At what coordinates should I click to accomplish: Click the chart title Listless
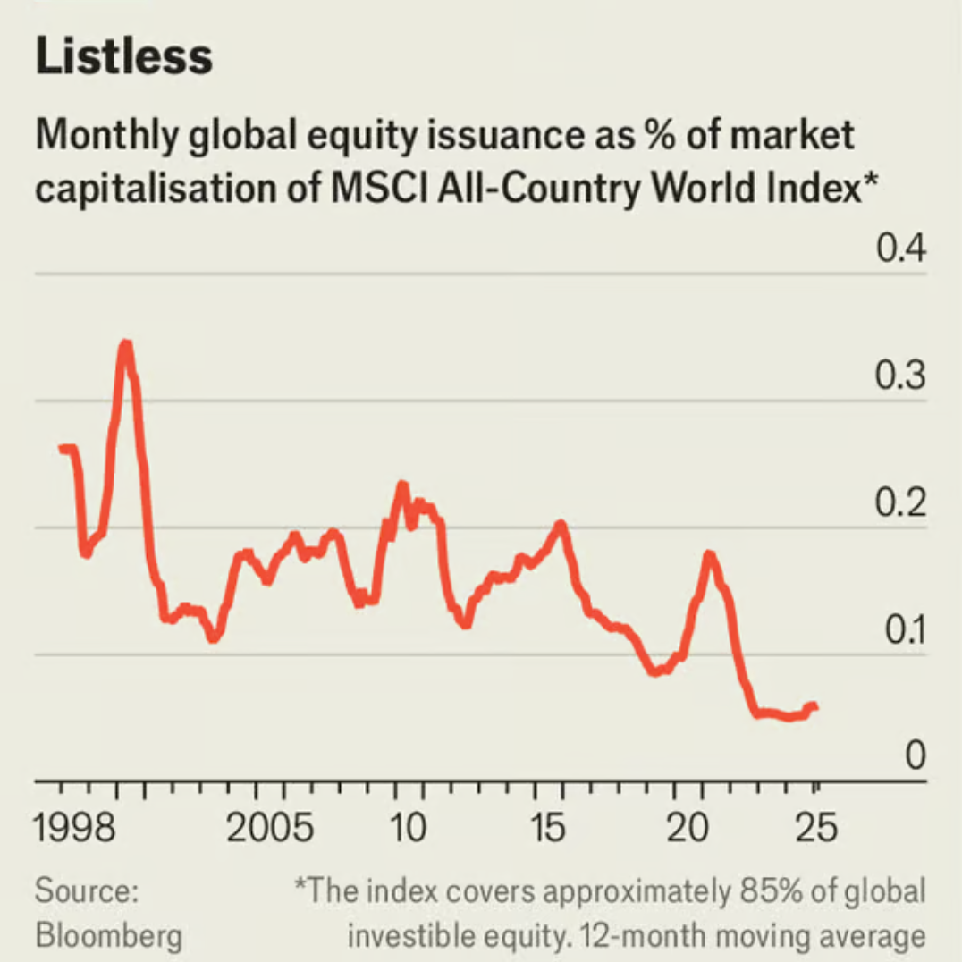(x=124, y=57)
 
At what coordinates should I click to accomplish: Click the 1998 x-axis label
(x=75, y=829)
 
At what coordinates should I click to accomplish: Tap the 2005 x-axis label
(x=270, y=829)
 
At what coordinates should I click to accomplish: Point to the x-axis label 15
(x=548, y=829)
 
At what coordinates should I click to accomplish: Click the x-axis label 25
(x=815, y=829)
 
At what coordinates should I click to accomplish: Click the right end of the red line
(x=814, y=707)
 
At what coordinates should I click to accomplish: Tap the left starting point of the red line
(x=62, y=448)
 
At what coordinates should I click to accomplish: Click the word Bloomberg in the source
(x=108, y=934)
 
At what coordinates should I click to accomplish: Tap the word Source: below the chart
(x=87, y=891)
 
